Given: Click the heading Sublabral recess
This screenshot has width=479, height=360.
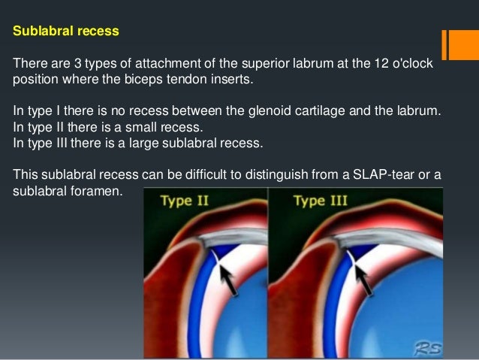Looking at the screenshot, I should click(x=65, y=34).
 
